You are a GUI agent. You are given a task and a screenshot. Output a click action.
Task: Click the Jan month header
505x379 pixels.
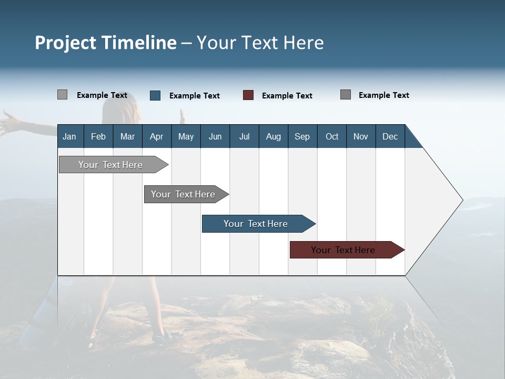(x=69, y=136)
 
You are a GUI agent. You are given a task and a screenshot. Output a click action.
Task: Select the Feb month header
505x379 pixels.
(x=98, y=136)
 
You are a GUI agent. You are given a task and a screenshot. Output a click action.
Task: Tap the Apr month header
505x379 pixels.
(x=156, y=136)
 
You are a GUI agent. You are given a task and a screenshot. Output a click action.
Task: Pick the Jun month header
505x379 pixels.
(x=215, y=136)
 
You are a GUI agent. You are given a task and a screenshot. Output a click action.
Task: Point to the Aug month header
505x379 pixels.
(x=274, y=136)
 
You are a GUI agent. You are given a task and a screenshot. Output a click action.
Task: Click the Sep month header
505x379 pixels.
(x=302, y=136)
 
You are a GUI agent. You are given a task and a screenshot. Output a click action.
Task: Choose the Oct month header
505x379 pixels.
(x=332, y=136)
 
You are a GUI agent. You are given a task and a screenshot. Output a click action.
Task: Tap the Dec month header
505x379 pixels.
(x=390, y=136)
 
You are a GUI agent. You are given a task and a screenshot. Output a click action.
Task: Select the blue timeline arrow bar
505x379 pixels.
(x=256, y=224)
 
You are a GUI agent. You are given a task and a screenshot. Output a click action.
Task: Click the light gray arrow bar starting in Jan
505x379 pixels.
(x=110, y=165)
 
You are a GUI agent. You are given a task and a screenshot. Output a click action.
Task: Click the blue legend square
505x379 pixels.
(x=155, y=95)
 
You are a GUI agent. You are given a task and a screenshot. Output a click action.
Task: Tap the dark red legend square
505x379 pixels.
(x=248, y=95)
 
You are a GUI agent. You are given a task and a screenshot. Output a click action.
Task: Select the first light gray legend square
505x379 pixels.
(x=63, y=95)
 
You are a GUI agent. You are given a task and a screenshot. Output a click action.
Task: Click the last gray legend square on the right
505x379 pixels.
(x=346, y=95)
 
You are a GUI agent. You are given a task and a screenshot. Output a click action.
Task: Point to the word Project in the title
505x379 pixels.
(x=66, y=43)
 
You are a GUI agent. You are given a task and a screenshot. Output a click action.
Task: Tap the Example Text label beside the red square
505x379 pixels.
(x=287, y=96)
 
